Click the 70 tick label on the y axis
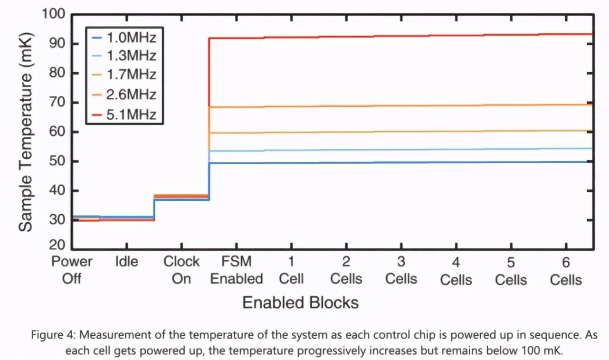click(56, 103)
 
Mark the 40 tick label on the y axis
click(56, 191)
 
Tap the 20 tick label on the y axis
click(56, 245)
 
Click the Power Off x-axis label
click(72, 270)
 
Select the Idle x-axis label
click(126, 262)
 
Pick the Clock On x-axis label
click(181, 270)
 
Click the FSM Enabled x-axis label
click(237, 270)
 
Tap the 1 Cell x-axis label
click(291, 270)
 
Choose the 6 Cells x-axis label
click(566, 270)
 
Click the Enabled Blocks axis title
click(300, 303)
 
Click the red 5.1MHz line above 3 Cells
click(401, 36)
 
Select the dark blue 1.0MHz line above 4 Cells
click(456, 162)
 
